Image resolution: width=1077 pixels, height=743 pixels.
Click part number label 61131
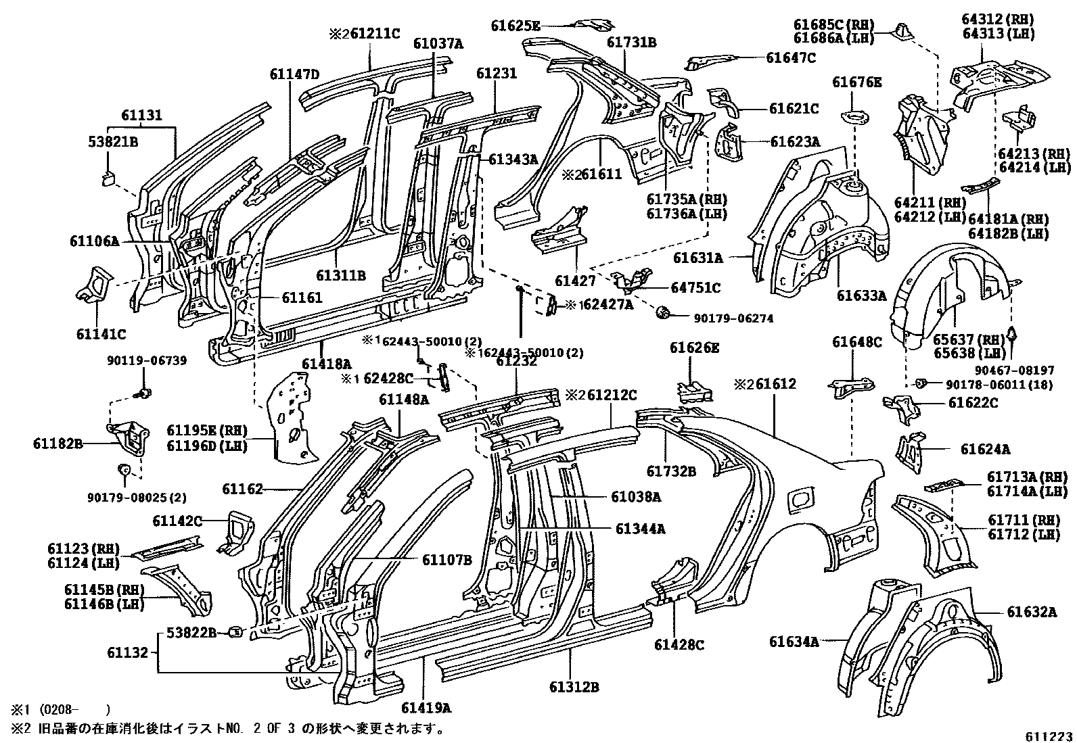[x=142, y=116]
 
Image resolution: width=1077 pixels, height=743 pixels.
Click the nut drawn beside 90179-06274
[x=662, y=312]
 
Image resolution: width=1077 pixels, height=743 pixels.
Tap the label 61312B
[x=574, y=688]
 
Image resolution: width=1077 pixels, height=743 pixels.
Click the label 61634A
[x=794, y=641]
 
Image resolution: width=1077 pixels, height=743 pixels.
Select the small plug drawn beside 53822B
[x=235, y=632]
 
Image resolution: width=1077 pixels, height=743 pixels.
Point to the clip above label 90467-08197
[x=1013, y=333]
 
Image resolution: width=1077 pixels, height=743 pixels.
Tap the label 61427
[x=575, y=281]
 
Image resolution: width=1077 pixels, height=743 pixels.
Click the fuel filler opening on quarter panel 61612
[x=801, y=500]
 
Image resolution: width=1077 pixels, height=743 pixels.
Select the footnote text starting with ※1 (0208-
[x=59, y=710]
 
